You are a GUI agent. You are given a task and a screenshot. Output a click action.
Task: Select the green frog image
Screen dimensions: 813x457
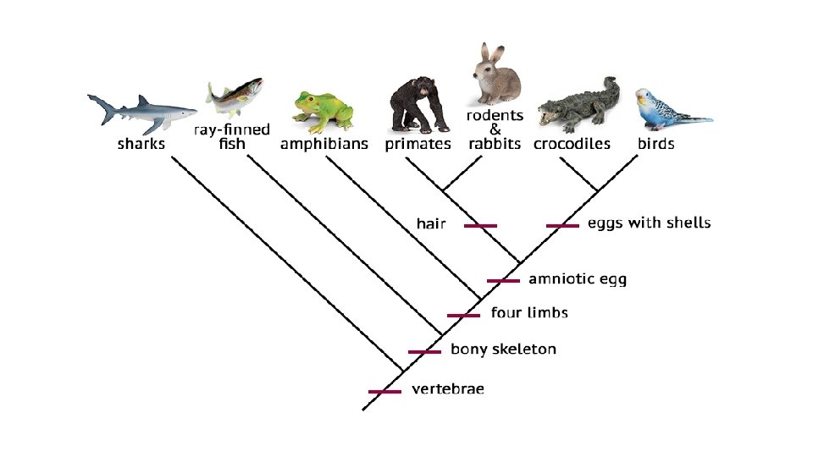(x=322, y=112)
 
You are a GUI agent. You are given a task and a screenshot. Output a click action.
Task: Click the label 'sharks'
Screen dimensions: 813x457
(x=141, y=144)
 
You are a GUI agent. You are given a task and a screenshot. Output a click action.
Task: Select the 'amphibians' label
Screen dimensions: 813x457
(x=324, y=144)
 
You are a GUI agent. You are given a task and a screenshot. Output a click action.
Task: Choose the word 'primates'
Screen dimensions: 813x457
(x=418, y=144)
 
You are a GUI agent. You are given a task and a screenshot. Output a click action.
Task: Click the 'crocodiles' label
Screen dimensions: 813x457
(x=572, y=144)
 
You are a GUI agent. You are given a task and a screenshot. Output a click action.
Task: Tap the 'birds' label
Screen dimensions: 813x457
(x=655, y=144)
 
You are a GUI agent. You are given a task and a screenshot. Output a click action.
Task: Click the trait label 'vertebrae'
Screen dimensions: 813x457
(x=448, y=389)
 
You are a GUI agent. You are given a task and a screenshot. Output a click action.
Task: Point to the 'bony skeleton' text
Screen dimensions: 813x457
(x=503, y=349)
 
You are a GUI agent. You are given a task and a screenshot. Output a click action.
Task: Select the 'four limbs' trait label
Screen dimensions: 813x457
(x=529, y=313)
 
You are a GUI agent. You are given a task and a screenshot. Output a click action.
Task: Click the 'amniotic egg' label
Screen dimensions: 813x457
(x=578, y=278)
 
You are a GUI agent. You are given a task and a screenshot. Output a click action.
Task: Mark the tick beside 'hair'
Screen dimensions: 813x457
(x=480, y=225)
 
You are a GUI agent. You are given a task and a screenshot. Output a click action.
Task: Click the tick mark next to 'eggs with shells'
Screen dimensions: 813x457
(x=562, y=225)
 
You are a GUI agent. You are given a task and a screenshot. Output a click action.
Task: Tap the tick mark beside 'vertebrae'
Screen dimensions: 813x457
(x=384, y=391)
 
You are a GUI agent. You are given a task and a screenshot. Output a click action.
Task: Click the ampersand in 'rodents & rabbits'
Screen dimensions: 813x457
(x=495, y=129)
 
